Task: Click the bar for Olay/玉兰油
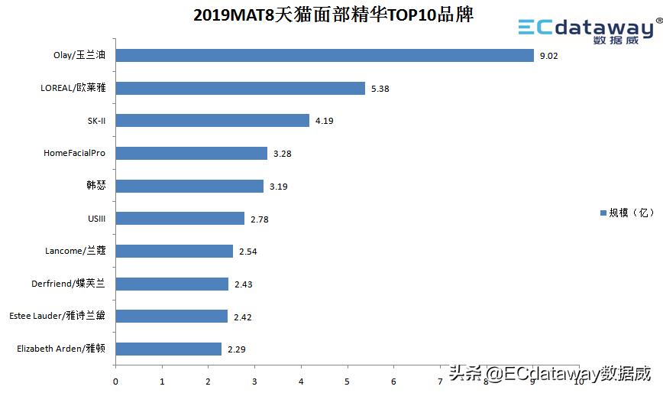click(x=324, y=56)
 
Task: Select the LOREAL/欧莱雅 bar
click(x=240, y=88)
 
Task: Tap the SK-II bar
click(x=212, y=121)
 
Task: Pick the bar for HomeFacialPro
click(x=191, y=153)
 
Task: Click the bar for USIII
click(x=179, y=219)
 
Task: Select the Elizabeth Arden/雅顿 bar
click(x=168, y=349)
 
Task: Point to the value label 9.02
click(x=548, y=56)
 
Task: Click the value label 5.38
click(x=380, y=89)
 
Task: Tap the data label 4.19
click(x=325, y=121)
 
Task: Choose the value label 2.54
click(x=247, y=252)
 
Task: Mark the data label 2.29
click(x=236, y=349)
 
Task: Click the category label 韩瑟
click(x=95, y=186)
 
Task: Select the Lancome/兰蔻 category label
click(x=76, y=251)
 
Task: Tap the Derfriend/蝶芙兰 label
click(x=68, y=284)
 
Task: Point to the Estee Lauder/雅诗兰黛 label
click(x=57, y=316)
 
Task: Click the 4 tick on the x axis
click(x=301, y=381)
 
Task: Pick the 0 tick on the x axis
click(x=115, y=381)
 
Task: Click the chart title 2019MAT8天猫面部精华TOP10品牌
click(x=333, y=15)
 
